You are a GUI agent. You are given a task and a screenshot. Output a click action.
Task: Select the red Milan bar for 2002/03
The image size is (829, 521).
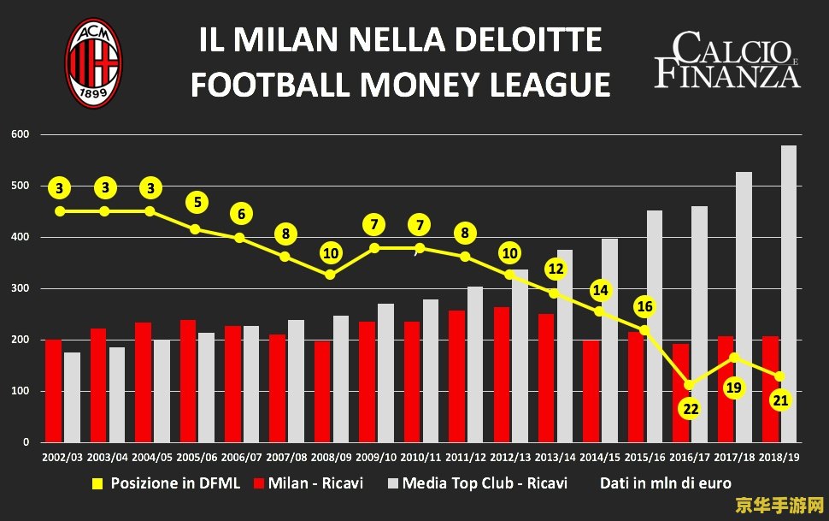click(x=53, y=390)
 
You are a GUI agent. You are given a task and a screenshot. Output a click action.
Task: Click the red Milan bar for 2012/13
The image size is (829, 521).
click(x=502, y=374)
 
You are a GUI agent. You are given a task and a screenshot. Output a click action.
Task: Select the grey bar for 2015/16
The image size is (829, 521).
click(x=655, y=326)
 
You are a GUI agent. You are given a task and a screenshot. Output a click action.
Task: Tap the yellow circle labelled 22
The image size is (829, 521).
click(x=691, y=408)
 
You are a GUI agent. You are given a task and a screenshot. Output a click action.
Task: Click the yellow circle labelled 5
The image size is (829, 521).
click(x=197, y=203)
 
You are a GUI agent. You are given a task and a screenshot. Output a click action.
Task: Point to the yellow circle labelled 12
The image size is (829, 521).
click(x=556, y=269)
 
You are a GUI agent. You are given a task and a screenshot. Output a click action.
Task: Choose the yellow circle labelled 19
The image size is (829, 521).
click(x=733, y=388)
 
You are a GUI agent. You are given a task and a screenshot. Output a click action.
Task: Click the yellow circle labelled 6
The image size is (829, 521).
click(x=242, y=214)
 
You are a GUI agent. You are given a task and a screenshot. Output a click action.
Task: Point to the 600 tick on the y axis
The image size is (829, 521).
click(x=21, y=134)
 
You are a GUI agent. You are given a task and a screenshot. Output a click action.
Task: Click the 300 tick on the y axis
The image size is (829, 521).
click(x=21, y=288)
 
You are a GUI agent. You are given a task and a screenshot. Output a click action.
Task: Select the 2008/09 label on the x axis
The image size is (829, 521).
click(x=332, y=458)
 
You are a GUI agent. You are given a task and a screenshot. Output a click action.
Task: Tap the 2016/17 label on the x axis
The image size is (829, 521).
click(x=690, y=458)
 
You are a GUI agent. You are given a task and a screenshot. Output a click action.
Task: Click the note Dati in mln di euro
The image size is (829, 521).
click(x=665, y=483)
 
